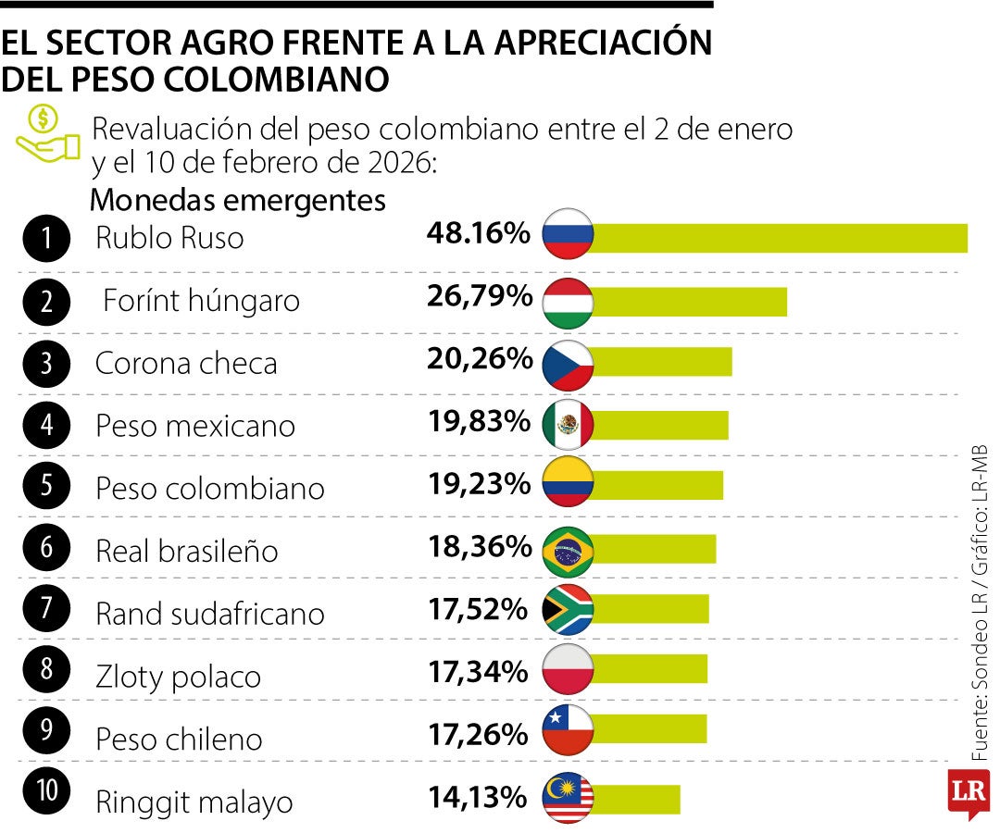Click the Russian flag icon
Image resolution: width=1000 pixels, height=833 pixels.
coord(567,238)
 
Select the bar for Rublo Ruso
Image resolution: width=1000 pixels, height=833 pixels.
coord(778,238)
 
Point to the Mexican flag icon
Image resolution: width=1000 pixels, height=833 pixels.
coord(567,425)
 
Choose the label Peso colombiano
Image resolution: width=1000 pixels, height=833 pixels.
coord(210,488)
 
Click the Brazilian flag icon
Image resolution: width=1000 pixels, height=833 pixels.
coord(567,550)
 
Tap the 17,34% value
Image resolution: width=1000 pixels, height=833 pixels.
coord(479,671)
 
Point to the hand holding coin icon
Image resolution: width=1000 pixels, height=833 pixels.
coord(47,135)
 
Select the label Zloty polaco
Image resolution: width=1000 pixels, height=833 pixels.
coord(179,677)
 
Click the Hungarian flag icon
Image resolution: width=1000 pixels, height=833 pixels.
coord(567,302)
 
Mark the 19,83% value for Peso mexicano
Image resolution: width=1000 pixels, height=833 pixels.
coord(479,421)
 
